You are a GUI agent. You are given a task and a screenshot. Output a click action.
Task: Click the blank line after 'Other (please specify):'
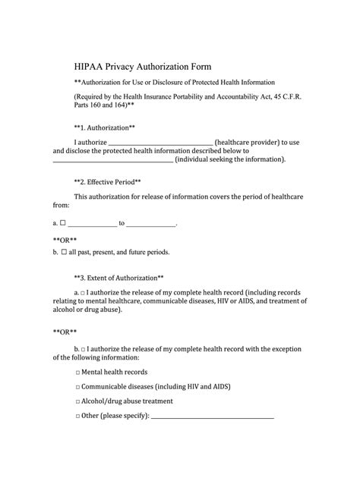[x=213, y=417]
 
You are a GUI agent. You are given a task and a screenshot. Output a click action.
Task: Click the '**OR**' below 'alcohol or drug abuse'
[x=65, y=331]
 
